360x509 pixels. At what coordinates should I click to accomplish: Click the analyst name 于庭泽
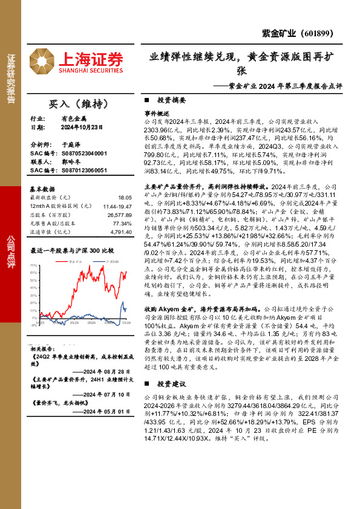click(71, 146)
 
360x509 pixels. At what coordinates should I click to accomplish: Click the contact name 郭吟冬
click(71, 163)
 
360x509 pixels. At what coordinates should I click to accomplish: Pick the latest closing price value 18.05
click(125, 198)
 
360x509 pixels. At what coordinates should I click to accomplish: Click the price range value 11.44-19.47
click(117, 206)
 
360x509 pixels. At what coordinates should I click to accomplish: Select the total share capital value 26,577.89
click(119, 215)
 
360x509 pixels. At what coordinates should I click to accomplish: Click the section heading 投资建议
click(172, 384)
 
